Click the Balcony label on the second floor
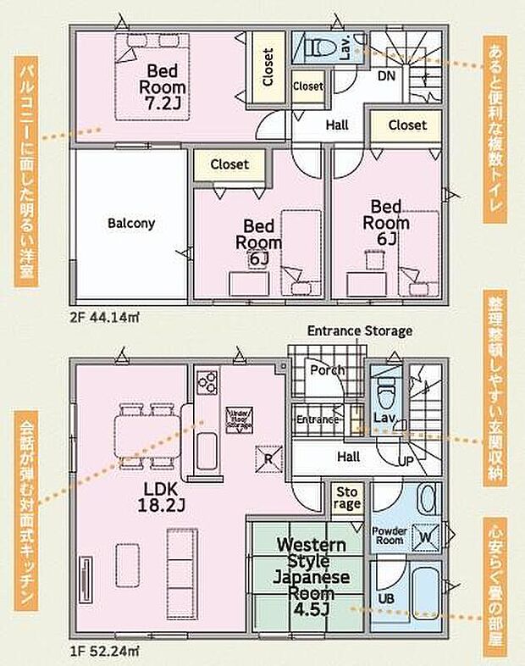[130, 224]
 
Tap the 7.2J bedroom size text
[163, 103]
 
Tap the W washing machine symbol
[426, 536]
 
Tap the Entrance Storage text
[359, 330]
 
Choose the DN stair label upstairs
[385, 75]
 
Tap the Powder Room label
[390, 536]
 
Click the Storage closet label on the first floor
[348, 497]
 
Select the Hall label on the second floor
[337, 125]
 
